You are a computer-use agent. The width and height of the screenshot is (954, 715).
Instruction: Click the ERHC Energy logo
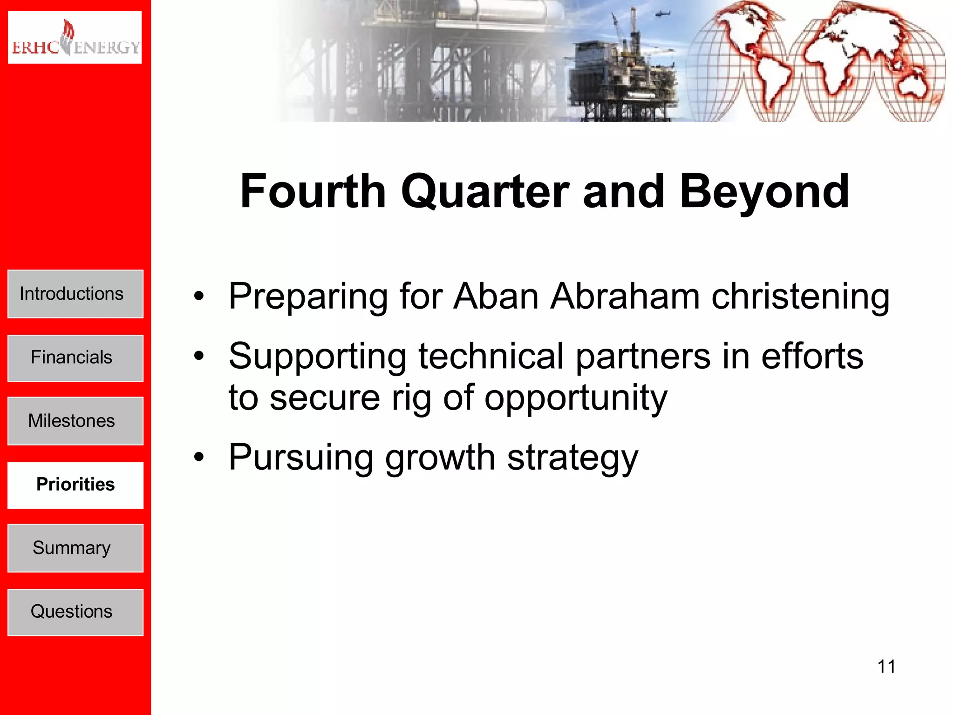pos(75,38)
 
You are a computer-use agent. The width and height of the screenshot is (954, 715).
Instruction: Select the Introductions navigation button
pos(75,294)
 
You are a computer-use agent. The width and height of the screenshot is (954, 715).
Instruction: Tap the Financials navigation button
pos(75,358)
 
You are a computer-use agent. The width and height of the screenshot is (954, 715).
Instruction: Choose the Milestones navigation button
pos(75,421)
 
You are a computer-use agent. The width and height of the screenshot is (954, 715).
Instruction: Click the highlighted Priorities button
pos(75,485)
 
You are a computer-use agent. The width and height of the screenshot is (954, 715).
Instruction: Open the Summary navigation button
pos(75,548)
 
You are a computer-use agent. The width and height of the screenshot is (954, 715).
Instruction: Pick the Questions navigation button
pos(75,612)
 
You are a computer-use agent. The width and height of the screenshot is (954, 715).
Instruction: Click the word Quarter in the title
pos(484,192)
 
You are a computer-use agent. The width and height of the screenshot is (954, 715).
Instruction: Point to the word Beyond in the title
pos(764,192)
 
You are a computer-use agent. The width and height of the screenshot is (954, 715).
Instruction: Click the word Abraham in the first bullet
pos(624,297)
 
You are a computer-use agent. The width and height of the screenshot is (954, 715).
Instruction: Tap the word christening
pos(800,297)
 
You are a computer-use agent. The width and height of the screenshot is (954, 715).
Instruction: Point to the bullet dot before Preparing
pos(199,296)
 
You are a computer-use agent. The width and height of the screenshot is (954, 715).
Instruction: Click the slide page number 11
pos(886,667)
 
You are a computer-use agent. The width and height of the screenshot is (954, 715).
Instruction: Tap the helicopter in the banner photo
pos(661,14)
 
